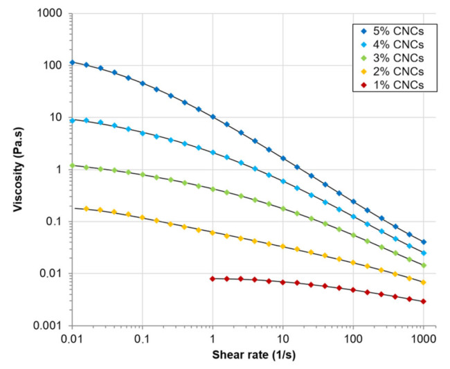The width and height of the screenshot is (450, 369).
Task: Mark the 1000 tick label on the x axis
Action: tap(423, 339)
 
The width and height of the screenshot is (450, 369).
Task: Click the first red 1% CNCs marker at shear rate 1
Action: tap(213, 278)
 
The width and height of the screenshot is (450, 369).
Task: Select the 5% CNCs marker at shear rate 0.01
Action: tap(72, 62)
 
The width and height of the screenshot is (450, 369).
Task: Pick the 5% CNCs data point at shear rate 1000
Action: tap(424, 242)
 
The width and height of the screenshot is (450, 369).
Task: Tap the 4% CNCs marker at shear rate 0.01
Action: tap(72, 120)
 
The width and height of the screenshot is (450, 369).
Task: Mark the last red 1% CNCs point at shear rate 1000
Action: tap(424, 301)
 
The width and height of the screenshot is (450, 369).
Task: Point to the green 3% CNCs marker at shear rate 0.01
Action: tap(72, 165)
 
